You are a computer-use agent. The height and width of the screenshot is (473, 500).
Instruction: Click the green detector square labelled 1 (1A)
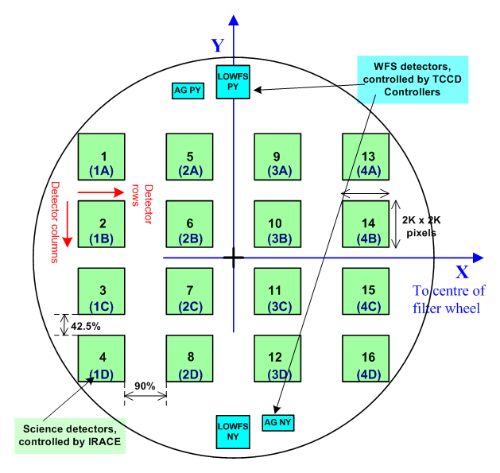[102, 157]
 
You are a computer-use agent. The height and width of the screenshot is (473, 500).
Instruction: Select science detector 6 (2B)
[189, 224]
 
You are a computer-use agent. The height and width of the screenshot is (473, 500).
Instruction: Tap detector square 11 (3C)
[277, 292]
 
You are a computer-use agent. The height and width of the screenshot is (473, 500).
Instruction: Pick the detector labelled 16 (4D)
[365, 359]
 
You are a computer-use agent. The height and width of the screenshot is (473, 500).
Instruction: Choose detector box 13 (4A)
[365, 157]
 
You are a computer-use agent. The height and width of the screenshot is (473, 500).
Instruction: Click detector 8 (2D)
[189, 359]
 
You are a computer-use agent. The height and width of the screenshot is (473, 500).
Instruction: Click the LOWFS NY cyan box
[233, 433]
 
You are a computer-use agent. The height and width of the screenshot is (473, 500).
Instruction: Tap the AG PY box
[188, 91]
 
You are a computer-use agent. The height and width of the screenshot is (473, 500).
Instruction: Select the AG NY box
[278, 423]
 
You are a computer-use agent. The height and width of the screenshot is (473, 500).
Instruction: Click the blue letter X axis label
[461, 272]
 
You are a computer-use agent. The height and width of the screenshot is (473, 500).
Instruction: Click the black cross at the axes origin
[233, 258]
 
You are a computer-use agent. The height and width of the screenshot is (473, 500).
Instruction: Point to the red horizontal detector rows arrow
[101, 191]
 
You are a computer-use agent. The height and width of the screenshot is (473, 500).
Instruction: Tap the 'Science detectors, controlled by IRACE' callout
[72, 432]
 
